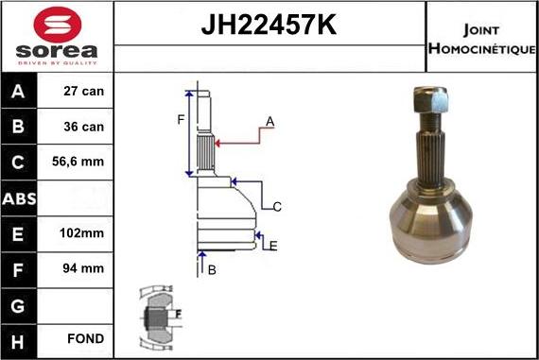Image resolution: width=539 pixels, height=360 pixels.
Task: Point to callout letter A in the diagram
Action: coord(269,121)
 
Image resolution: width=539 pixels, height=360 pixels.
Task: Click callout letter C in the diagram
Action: coord(277,206)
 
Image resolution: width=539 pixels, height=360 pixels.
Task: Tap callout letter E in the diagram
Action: coord(273,246)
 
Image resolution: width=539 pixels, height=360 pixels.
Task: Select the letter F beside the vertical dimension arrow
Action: coord(181,119)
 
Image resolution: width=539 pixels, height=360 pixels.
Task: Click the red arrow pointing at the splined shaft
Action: coord(236,143)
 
